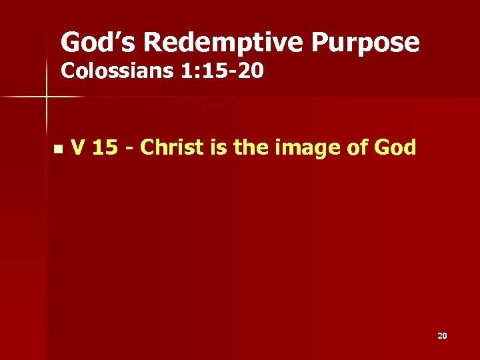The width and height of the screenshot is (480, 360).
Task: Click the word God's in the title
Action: click(x=97, y=43)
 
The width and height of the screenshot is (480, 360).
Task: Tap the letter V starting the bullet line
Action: click(x=77, y=147)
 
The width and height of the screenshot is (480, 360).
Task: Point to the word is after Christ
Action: click(x=219, y=147)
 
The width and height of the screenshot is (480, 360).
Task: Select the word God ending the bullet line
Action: click(x=394, y=147)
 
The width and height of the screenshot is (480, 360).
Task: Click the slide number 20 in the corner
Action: click(x=442, y=336)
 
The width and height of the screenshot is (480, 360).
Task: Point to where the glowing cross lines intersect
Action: click(x=47, y=97)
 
